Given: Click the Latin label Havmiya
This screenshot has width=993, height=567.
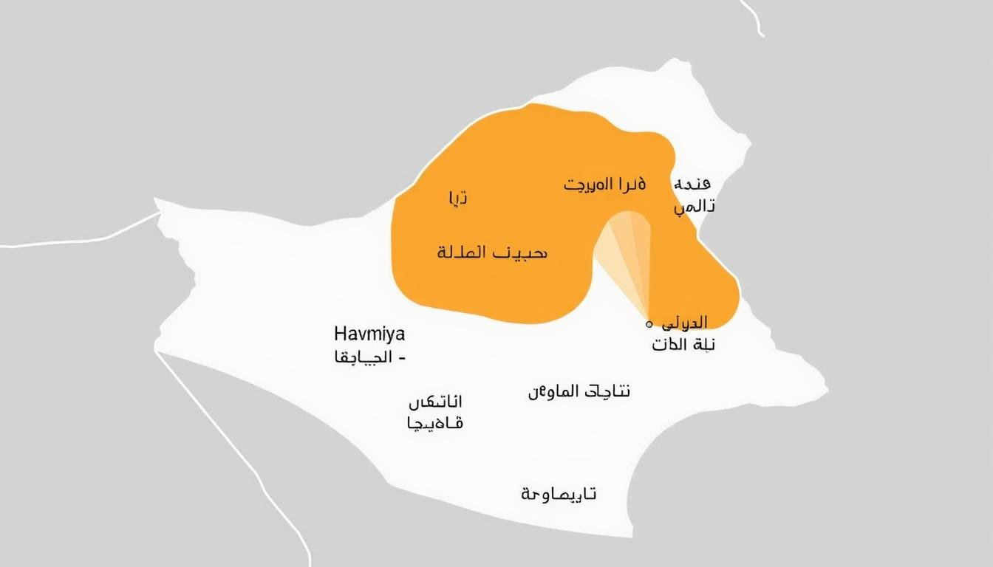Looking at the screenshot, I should (370, 334).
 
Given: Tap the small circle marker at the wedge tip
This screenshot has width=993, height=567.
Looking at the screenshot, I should (649, 324).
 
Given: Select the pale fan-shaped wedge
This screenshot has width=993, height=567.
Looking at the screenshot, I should (628, 255).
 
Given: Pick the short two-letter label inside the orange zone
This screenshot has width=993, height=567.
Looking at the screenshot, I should (457, 198).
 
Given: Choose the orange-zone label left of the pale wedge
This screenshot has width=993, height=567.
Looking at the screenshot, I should (491, 252).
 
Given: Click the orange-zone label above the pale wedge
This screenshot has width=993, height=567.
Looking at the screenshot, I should (605, 184).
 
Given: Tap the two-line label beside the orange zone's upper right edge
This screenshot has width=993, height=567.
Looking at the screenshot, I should (694, 195).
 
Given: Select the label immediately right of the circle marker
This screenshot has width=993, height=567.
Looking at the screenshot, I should (684, 323).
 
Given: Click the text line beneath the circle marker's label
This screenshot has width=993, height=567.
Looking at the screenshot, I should (684, 345).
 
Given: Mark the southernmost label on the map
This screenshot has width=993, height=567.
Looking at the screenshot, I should (559, 494).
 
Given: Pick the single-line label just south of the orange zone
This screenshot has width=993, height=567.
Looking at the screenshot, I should (579, 391).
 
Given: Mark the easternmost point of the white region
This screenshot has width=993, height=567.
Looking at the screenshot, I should (825, 387).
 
